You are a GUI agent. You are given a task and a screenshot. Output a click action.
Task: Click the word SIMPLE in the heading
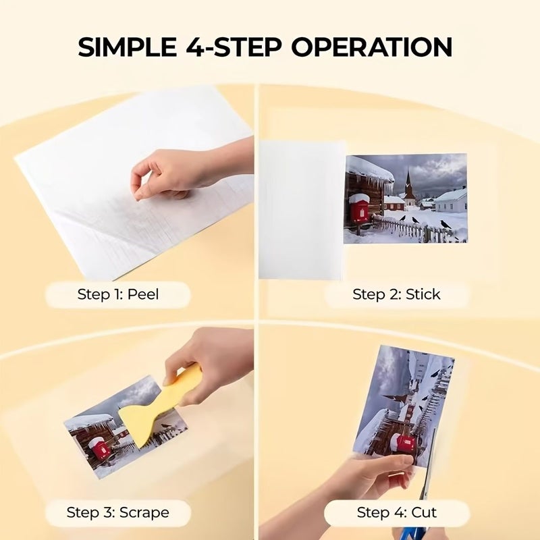[x=127, y=47]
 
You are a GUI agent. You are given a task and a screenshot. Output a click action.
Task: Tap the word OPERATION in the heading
[x=372, y=47]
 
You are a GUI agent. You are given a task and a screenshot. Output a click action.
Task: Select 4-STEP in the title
[x=234, y=47]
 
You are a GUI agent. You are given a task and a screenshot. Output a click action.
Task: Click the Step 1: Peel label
[x=118, y=294]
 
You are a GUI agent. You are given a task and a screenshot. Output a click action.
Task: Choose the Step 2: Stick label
[x=396, y=294]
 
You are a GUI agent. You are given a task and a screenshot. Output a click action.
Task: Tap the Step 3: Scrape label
[x=117, y=512]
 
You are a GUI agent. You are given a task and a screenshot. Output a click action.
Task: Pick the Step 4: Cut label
[x=397, y=512]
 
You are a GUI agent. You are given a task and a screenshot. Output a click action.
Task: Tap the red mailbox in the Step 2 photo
[x=358, y=208]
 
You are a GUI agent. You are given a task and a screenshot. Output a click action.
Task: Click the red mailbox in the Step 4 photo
[x=403, y=443]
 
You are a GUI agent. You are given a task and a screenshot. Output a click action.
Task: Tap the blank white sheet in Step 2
[x=301, y=209]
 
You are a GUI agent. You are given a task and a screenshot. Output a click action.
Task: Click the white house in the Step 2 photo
[x=450, y=200]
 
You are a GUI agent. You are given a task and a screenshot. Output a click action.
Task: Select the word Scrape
[x=144, y=512]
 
